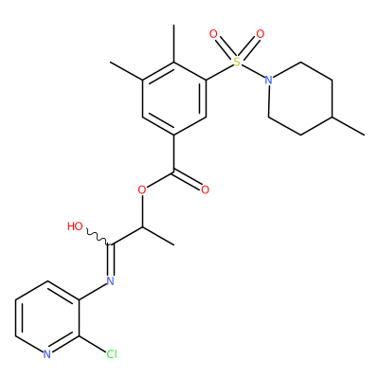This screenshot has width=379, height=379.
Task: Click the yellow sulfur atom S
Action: click(237, 63)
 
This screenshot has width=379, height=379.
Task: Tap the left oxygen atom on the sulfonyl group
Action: click(214, 34)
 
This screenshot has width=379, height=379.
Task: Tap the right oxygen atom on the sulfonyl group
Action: click(261, 34)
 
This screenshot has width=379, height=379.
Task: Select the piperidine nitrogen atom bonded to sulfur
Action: click(268, 80)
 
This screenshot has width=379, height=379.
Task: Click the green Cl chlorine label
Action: click(112, 354)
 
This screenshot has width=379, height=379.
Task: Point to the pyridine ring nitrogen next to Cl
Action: click(47, 354)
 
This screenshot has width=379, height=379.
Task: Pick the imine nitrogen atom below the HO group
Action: click(110, 280)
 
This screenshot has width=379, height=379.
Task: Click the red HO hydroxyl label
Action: click(76, 226)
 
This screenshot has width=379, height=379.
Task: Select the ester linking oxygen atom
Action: click(142, 190)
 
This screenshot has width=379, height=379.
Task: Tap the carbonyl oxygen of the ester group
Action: click(206, 190)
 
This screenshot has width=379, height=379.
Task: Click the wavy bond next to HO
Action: click(99, 238)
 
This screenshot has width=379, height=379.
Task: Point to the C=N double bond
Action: click(111, 260)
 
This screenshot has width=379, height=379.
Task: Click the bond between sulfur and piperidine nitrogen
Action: click(253, 71)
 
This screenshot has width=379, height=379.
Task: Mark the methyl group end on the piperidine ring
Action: click(364, 135)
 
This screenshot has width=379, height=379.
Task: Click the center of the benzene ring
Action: click(174, 99)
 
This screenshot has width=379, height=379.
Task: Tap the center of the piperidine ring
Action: click(300, 99)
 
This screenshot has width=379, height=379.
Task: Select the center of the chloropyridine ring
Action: click(47, 317)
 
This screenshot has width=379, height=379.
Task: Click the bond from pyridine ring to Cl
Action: click(93, 344)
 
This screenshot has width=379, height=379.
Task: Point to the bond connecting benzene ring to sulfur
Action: click(219, 72)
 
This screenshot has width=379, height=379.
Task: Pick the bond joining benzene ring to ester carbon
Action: click(174, 153)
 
